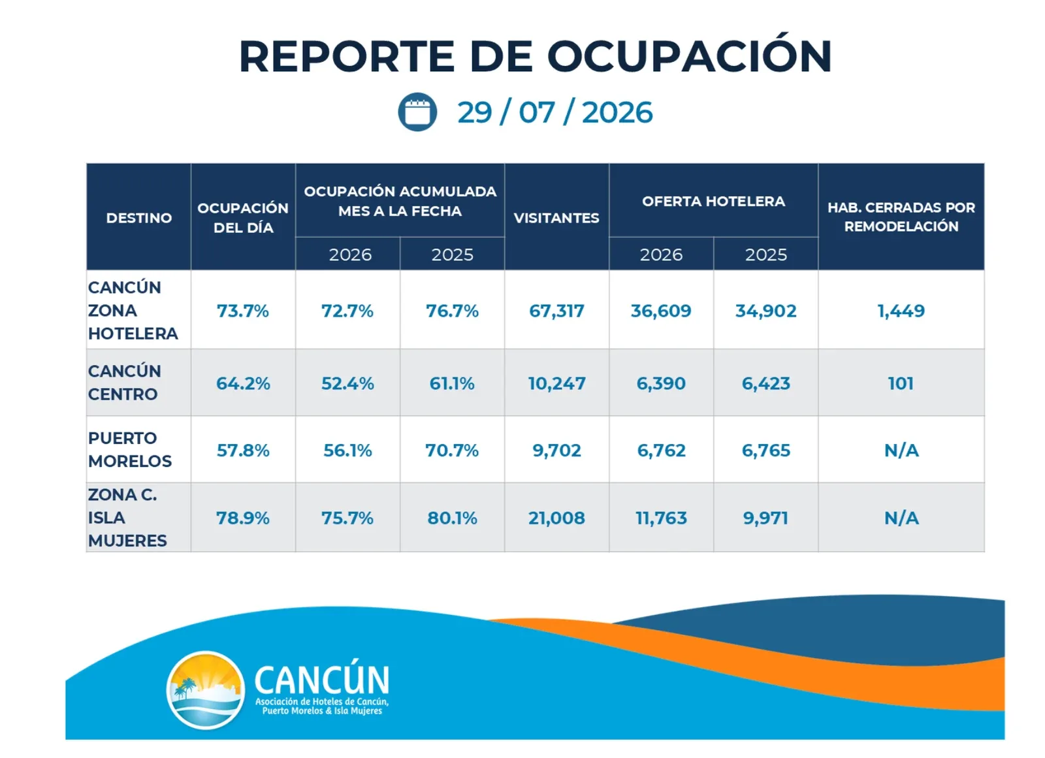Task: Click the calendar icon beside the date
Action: (417, 112)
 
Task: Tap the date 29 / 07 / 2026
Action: (555, 112)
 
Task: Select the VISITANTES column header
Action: (556, 218)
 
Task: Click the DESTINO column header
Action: (139, 218)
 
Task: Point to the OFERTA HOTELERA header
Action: (713, 201)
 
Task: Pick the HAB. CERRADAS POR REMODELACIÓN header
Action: (901, 217)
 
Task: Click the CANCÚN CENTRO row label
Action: (125, 383)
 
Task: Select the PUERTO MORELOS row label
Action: (130, 450)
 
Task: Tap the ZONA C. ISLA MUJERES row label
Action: (127, 517)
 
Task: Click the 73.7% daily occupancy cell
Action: (242, 311)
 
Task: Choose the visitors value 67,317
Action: (556, 311)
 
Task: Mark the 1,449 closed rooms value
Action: (901, 311)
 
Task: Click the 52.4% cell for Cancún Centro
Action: (347, 383)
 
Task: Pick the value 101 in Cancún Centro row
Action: (901, 383)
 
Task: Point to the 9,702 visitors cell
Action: (557, 450)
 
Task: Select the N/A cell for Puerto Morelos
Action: (902, 450)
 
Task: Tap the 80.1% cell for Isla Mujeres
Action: (452, 518)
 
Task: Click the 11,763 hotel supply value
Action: (661, 518)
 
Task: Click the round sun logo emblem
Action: (206, 690)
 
